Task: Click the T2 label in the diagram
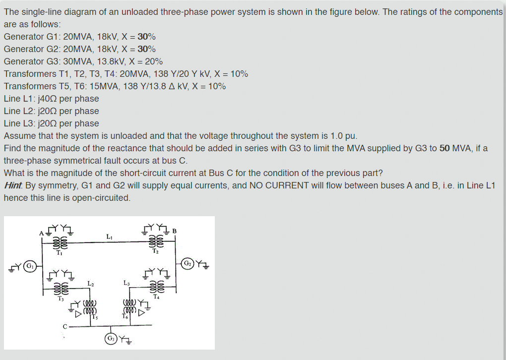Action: point(155,251)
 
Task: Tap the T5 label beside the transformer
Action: point(94,318)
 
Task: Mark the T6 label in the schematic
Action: point(124,316)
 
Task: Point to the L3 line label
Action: point(126,283)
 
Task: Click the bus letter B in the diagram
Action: point(174,230)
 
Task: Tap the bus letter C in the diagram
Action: point(64,326)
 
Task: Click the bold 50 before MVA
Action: point(444,148)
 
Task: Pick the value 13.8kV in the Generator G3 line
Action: point(106,61)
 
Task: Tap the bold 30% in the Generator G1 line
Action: point(146,37)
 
